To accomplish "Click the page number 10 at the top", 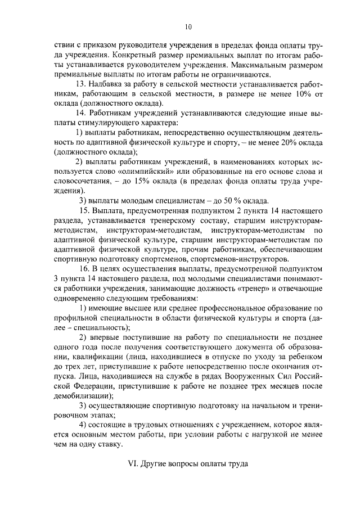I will pyautogui.click(x=188, y=26).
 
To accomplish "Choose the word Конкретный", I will pyautogui.click(x=133, y=55).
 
